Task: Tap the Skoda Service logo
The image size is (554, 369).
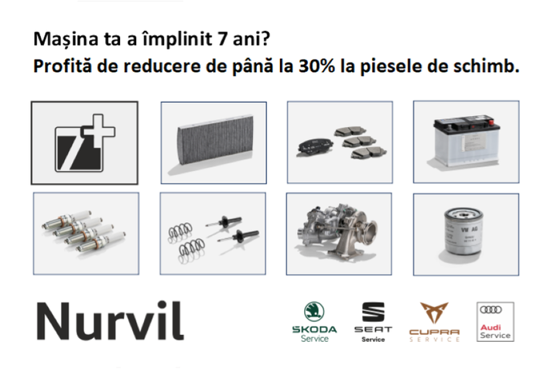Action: pos(314,322)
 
